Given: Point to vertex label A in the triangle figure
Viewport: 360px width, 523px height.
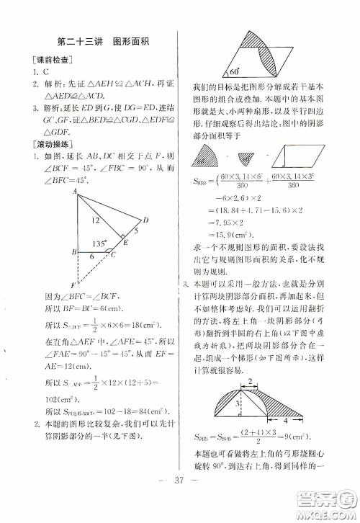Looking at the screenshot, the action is click(x=74, y=190).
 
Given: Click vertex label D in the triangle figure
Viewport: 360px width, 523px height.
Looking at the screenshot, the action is click(x=146, y=219).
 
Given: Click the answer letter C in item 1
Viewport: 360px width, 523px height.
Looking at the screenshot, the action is click(x=44, y=73).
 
